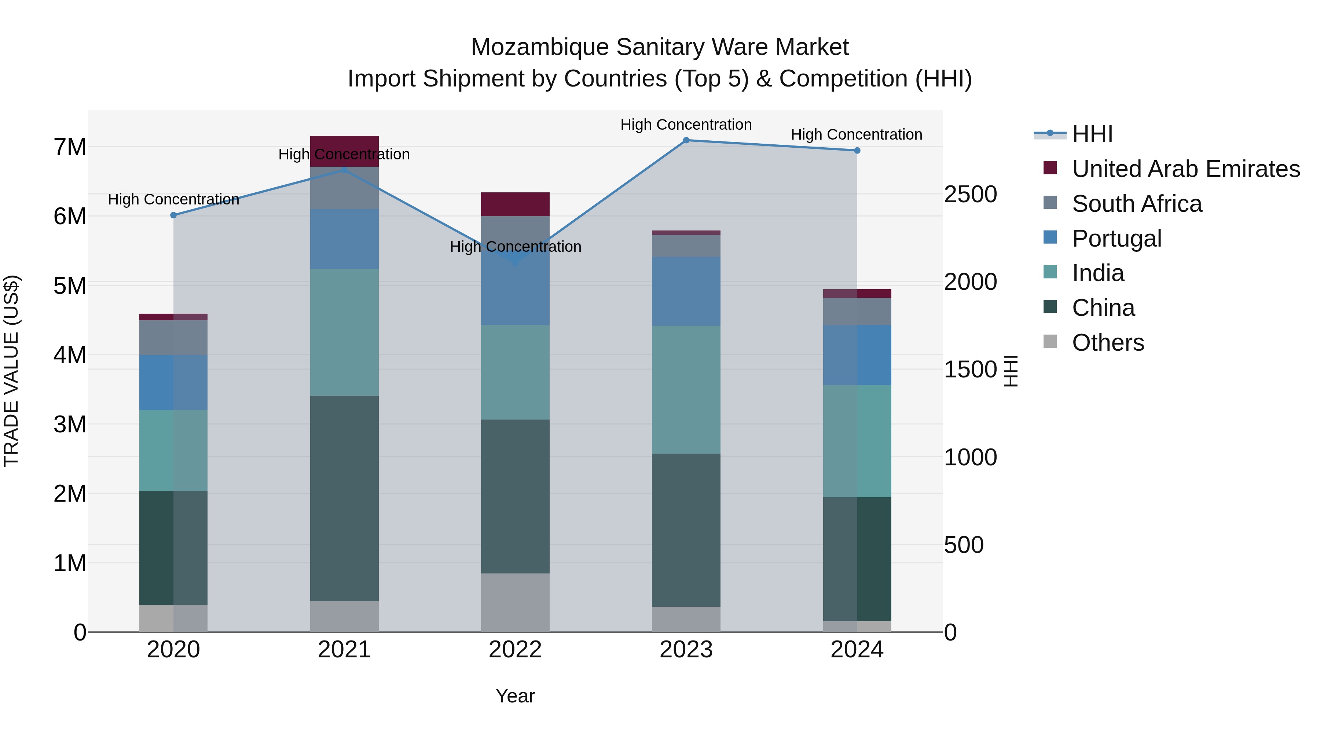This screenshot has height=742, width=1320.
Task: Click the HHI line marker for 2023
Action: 686,140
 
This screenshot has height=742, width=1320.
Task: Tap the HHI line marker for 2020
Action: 173,215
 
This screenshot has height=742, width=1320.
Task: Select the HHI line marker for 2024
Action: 857,151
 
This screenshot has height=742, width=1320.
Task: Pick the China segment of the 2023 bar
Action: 686,530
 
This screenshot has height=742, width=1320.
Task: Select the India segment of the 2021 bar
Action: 344,332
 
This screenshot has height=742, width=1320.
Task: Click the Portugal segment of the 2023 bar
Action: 686,291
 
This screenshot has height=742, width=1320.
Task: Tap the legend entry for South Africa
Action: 1137,204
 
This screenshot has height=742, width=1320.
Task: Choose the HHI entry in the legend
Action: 1092,134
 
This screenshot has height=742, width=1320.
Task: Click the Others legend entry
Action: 1107,343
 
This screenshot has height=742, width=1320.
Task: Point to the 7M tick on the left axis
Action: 70,147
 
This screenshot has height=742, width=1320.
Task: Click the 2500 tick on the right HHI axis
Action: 970,195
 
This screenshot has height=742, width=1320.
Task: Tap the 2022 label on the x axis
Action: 515,650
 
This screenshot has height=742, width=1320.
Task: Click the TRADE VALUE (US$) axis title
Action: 11,371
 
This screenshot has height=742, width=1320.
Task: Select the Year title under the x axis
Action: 515,696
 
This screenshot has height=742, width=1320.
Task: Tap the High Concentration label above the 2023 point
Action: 686,125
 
